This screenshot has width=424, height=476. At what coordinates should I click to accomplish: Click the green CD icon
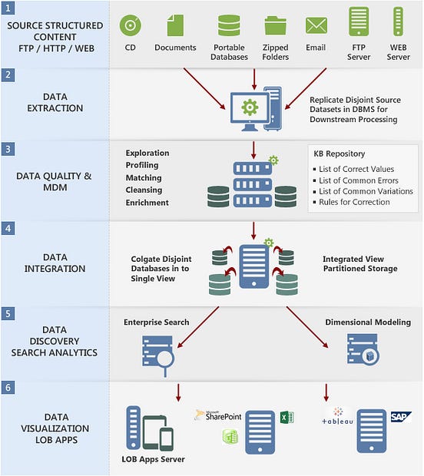[131, 25]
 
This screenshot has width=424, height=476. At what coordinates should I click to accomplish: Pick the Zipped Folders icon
[276, 25]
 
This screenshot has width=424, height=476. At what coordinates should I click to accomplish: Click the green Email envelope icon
[316, 25]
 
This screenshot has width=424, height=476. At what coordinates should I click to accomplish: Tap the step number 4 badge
[7, 228]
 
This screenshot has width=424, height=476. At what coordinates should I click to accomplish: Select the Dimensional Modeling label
[367, 322]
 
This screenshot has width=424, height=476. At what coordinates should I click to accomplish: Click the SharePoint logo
[221, 415]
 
